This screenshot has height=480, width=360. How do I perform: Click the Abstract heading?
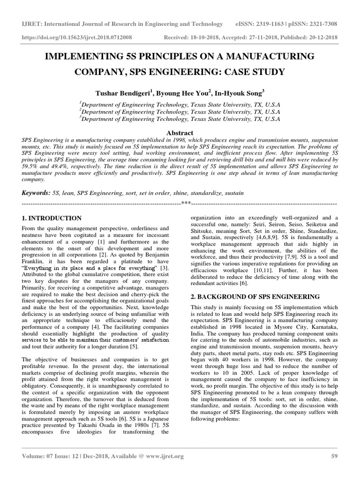coord(180,133)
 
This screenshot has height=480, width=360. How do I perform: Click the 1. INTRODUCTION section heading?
coord(52,218)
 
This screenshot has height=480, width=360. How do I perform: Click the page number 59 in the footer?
coord(334,456)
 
